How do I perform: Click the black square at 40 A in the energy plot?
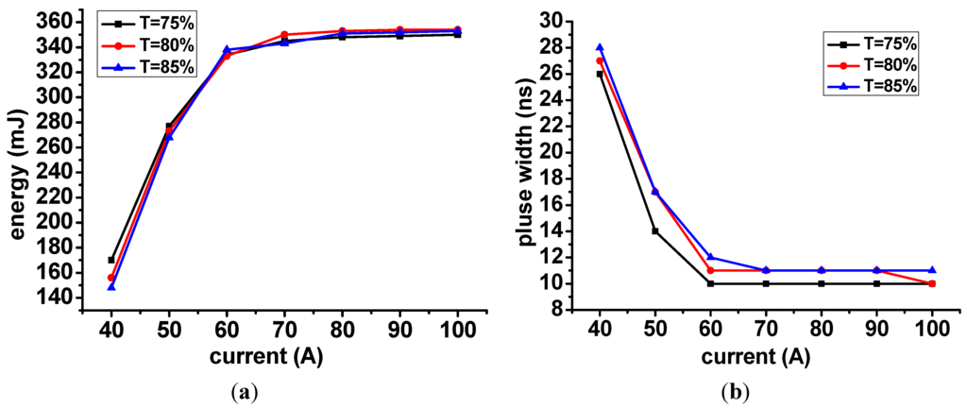tap(111, 260)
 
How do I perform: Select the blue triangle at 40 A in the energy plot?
tap(111, 285)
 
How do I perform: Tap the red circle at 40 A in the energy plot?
tap(111, 278)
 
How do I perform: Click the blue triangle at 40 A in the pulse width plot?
tap(600, 47)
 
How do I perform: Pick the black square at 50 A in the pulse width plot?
tap(654, 230)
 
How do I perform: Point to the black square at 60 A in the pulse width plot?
tap(710, 283)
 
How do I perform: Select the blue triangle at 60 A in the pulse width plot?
tap(710, 257)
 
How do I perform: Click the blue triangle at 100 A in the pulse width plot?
tap(932, 270)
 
